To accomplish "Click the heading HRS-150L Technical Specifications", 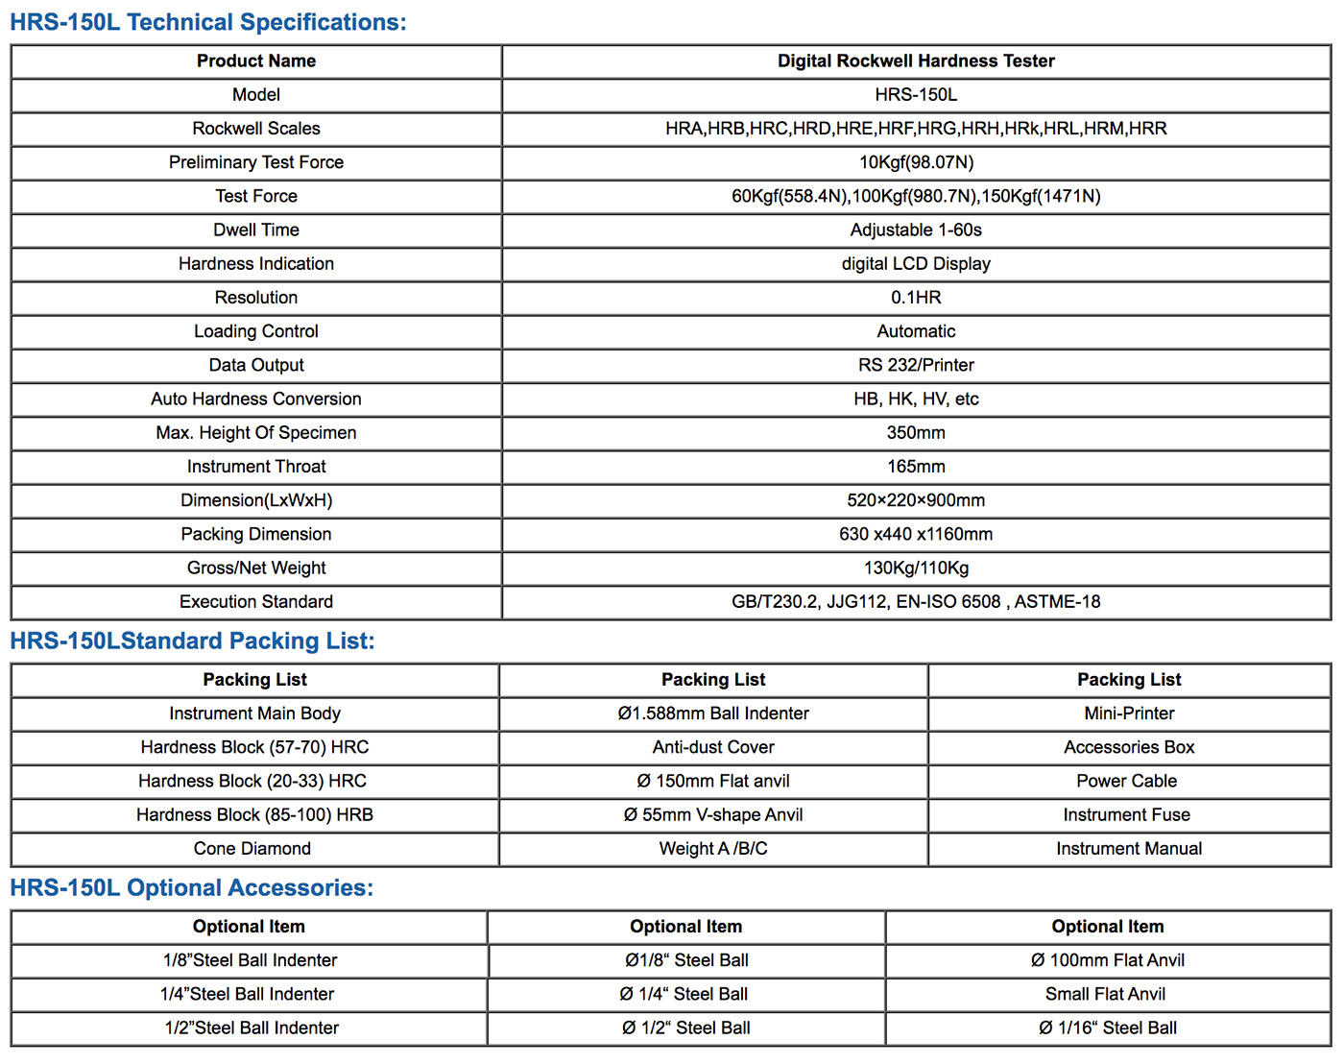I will coord(208,22).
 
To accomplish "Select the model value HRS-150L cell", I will coord(916,95).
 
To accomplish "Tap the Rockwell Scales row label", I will coord(256,129).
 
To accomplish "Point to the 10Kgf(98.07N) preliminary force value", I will coord(916,162).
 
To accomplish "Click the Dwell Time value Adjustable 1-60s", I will coord(916,230).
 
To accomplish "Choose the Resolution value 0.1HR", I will coord(916,298).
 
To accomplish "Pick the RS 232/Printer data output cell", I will coord(916,365).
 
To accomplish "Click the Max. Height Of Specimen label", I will coord(256,433).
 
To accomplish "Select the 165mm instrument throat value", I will coord(916,467).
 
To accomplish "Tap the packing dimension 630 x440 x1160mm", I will coord(916,534).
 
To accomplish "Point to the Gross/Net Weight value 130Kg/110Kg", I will coord(916,568).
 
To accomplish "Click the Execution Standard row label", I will coord(256,602).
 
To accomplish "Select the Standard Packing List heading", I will coord(192,641).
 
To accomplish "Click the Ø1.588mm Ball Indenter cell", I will coord(713,713).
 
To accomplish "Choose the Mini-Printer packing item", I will coord(1129,713).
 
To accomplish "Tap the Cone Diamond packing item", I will coord(252,849).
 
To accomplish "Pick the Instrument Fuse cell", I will coord(1127,815).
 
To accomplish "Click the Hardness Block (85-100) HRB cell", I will coord(254,815).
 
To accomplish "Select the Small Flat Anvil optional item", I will coord(1106,994).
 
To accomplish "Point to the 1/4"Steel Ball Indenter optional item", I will coord(248,994).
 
